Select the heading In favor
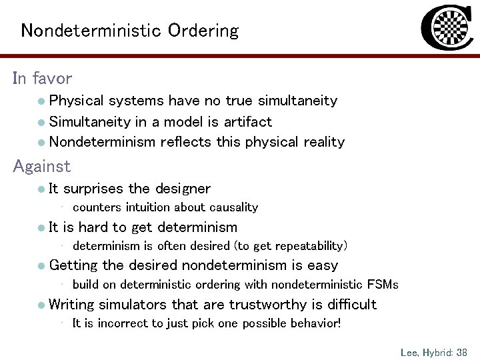click(x=42, y=79)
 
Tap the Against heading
click(x=41, y=166)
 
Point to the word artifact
click(x=248, y=121)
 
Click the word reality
click(x=322, y=141)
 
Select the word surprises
click(x=97, y=189)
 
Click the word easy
click(x=323, y=265)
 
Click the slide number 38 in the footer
click(x=461, y=351)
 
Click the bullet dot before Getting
click(x=41, y=266)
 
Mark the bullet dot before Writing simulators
click(x=41, y=305)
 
